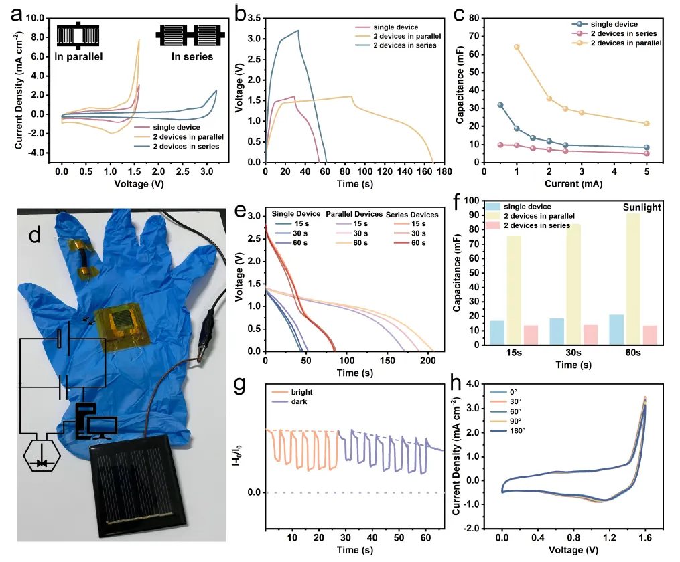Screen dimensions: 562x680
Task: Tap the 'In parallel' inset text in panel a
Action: (78, 56)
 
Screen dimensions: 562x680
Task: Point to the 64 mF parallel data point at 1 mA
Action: (516, 47)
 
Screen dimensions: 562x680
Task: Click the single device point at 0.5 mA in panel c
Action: (500, 105)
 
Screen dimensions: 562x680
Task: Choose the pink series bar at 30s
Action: (590, 335)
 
